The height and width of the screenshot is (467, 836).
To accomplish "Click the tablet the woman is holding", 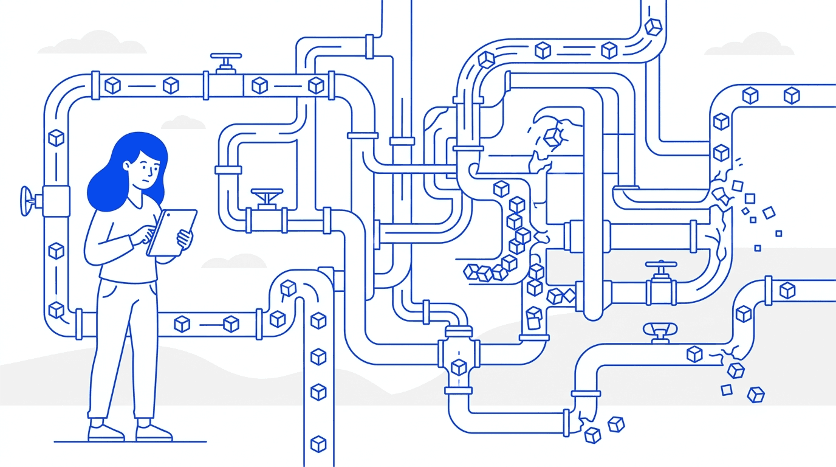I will coord(173,232).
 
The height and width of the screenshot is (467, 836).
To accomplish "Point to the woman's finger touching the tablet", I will coord(150,233).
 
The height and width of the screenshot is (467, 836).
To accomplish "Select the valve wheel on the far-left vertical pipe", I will coord(26,200).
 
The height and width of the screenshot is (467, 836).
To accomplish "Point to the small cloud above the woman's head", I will coord(183,122).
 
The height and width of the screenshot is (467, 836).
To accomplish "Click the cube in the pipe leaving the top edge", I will coord(653,27).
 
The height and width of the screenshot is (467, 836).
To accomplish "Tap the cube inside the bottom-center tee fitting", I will coord(459,367).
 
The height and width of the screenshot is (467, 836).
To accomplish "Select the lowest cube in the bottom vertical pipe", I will coord(318,444).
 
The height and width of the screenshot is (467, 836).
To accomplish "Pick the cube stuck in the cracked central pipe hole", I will coord(553,137).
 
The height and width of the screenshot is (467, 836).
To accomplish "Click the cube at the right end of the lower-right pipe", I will coord(787,289).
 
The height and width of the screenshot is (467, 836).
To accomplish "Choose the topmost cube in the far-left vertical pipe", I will coord(57,138).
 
